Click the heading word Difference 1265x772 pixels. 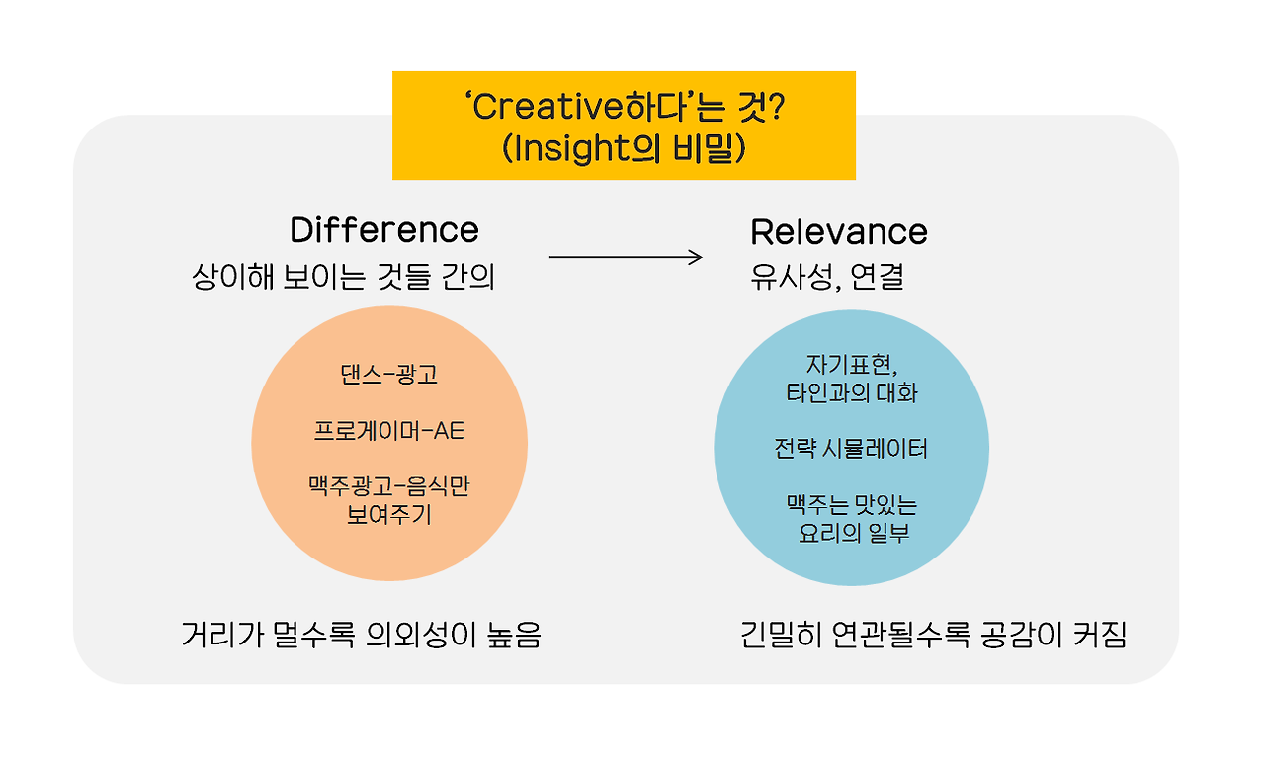click(384, 230)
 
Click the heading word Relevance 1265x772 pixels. click(839, 232)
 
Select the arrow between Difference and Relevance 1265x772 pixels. click(625, 257)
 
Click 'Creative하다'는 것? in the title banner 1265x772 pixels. click(624, 106)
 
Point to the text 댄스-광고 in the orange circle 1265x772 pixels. click(388, 376)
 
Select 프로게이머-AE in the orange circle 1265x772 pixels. click(388, 432)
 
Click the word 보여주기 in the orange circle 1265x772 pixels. click(388, 515)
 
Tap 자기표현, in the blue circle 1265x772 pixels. click(851, 366)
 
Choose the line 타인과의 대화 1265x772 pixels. click(851, 393)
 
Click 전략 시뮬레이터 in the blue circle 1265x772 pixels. click(851, 450)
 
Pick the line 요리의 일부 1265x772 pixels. click(851, 533)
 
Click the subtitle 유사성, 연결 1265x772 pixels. click(827, 278)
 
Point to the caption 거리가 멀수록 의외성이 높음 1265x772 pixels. click(362, 635)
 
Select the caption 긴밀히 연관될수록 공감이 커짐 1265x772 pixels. click(934, 635)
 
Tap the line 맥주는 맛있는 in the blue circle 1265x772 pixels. click(851, 505)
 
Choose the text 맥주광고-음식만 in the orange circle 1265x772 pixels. click(388, 487)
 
